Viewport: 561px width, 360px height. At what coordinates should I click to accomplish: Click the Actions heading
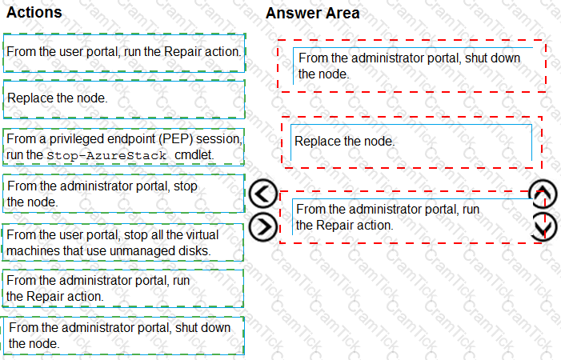(x=34, y=13)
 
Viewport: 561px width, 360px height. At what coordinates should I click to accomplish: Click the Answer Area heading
(x=312, y=14)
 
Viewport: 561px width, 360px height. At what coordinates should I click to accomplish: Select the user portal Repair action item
(x=124, y=53)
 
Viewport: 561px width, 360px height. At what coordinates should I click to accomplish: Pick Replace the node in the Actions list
(x=124, y=99)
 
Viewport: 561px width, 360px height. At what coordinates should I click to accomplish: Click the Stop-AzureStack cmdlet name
(x=106, y=155)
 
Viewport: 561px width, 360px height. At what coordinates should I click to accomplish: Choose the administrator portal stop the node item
(x=124, y=194)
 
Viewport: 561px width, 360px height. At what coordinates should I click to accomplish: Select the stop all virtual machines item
(x=122, y=242)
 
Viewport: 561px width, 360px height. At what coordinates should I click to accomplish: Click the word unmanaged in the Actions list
(x=131, y=250)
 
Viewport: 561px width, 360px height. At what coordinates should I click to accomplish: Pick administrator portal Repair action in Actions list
(x=122, y=289)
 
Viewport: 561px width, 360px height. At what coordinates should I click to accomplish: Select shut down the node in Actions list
(x=123, y=336)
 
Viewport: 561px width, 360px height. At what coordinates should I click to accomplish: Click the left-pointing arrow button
(x=263, y=194)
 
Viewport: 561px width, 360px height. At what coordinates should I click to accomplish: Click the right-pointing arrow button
(x=263, y=226)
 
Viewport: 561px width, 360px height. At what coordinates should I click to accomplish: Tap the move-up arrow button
(x=543, y=194)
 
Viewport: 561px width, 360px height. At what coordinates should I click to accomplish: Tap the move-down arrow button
(x=543, y=226)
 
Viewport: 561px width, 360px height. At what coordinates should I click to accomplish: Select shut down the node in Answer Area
(x=412, y=66)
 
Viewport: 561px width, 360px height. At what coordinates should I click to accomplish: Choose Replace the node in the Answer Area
(x=411, y=142)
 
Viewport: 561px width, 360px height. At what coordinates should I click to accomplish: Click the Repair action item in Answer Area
(x=412, y=217)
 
